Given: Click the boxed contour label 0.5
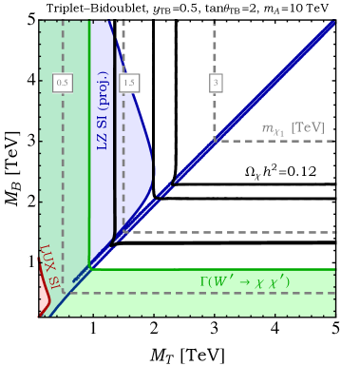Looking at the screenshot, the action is click(63, 83).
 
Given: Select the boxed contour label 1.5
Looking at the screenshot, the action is click(129, 83).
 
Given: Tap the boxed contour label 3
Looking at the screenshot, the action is click(216, 83).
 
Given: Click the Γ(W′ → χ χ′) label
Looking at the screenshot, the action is click(244, 281).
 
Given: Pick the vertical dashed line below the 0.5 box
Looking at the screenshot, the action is click(64, 171).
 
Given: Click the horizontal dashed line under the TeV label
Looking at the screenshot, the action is click(275, 141).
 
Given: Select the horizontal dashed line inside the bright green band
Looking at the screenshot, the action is click(209, 292).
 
